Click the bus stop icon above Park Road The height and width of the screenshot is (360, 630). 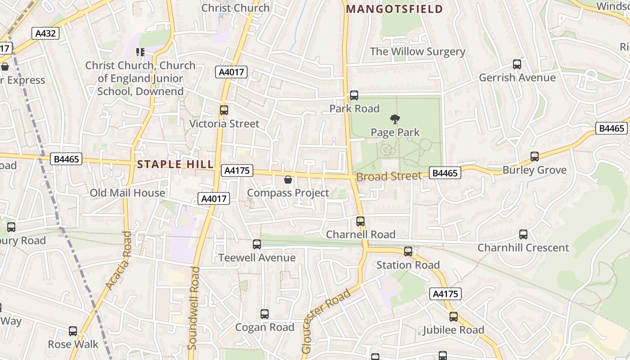(x=354, y=95)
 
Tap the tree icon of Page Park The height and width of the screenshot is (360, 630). (x=395, y=119)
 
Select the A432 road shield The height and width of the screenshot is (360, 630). (x=45, y=33)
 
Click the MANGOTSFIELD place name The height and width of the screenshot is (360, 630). (x=395, y=9)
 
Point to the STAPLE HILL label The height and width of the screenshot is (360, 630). (x=175, y=164)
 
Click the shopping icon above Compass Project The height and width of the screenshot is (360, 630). (x=288, y=180)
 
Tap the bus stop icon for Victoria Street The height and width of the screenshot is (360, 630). (x=224, y=110)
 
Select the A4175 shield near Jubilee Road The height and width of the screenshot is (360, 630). (x=445, y=294)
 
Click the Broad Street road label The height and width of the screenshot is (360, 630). (x=389, y=176)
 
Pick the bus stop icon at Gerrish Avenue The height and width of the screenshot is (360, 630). (x=517, y=64)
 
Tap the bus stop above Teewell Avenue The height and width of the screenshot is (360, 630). (x=256, y=244)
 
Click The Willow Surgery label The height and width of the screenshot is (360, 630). (x=417, y=51)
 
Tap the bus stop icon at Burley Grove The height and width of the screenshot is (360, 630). (x=534, y=157)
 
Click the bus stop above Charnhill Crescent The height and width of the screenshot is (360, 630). (x=523, y=234)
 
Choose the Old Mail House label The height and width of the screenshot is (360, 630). (x=127, y=193)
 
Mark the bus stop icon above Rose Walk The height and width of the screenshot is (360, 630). (x=73, y=331)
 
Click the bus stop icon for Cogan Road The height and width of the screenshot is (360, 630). (x=264, y=314)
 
